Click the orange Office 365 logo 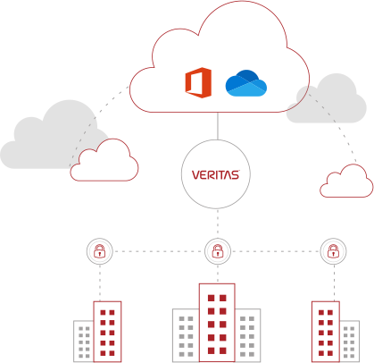[198, 82]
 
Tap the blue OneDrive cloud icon [246, 83]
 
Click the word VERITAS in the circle [216, 174]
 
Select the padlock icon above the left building [100, 251]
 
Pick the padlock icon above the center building [218, 251]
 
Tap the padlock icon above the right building [333, 251]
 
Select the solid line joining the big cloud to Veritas [218, 126]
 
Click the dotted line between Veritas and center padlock [218, 223]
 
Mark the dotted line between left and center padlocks [159, 251]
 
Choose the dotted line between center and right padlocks [276, 251]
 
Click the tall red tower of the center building [217, 323]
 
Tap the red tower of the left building [107, 332]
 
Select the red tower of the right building [326, 332]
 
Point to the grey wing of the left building [84, 341]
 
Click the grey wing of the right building [349, 341]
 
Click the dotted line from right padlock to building [334, 283]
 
